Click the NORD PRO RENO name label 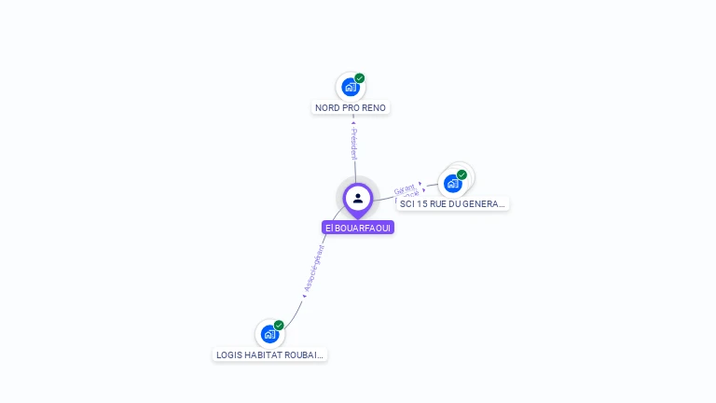pos(351,107)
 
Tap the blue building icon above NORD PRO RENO pos(350,88)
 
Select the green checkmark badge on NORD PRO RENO pos(360,78)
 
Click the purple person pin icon pos(358,198)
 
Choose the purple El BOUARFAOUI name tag pos(358,228)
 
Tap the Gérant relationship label pos(405,189)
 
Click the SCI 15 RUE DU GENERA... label pos(452,203)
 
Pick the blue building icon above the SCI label pos(452,184)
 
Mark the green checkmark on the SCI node pos(461,174)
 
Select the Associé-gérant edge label pos(314,270)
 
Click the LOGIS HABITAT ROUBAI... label pos(269,354)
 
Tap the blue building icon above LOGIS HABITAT pos(269,334)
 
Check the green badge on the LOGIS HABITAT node pos(279,325)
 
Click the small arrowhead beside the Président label pos(353,121)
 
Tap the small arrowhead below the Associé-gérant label pos(304,297)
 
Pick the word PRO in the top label pos(351,107)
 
